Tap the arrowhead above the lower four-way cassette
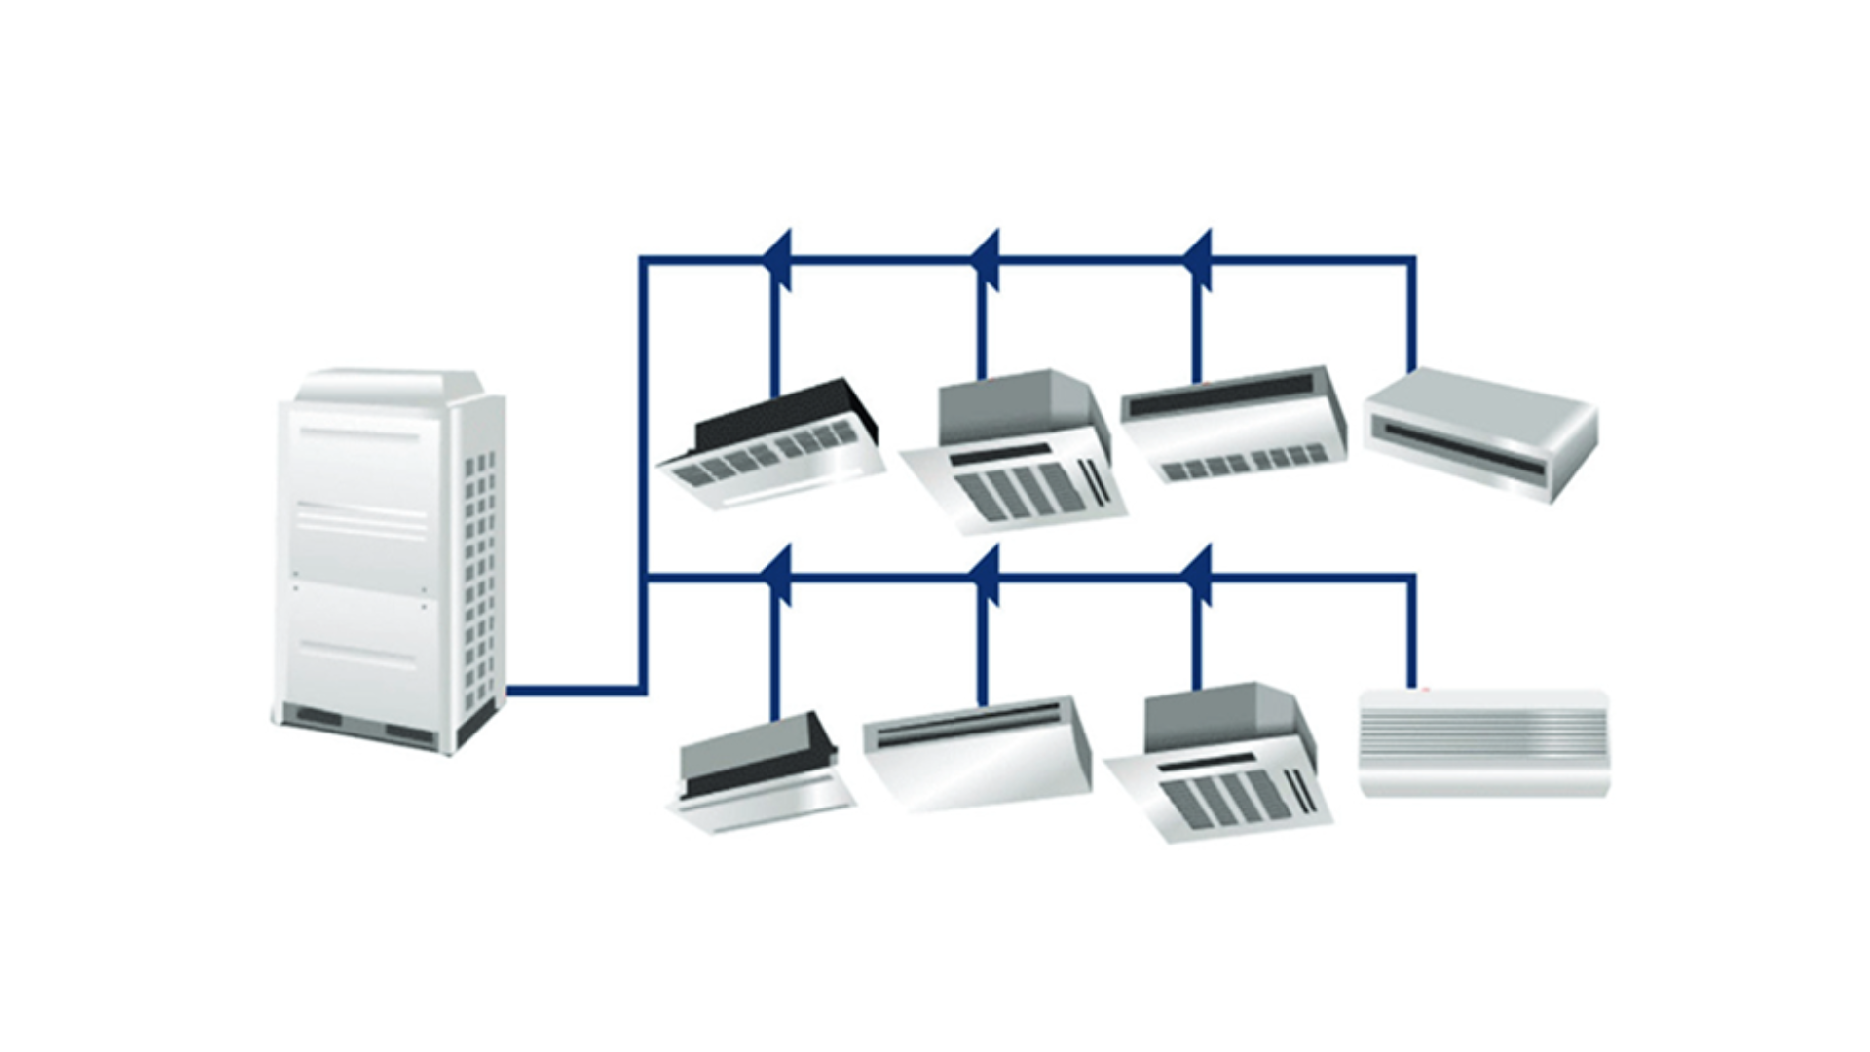tap(1199, 576)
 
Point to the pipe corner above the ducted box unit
tap(1412, 260)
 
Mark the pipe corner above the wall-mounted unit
tap(1412, 578)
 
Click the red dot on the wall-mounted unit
tap(1425, 691)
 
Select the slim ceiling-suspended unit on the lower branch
tap(974, 750)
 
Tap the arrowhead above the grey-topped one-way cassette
tap(779, 576)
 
